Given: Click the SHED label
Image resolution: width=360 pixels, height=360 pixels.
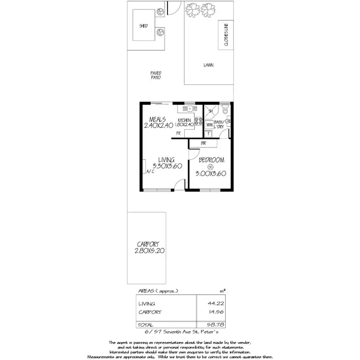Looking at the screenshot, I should coord(144,26).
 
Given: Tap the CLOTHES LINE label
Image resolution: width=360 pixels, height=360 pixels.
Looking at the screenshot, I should coord(224,35).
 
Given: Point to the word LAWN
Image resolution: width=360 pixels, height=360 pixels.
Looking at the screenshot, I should coord(208,65).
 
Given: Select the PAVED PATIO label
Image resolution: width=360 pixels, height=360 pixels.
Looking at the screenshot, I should coord(156,75).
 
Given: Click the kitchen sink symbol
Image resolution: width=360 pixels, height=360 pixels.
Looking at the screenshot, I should coord(190,109).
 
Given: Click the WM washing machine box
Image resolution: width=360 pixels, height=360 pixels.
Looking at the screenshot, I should coord(209,125).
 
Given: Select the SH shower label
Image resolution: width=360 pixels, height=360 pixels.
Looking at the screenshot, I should coord(210,111).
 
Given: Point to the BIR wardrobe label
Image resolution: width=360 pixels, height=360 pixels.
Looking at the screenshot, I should coord(204,143).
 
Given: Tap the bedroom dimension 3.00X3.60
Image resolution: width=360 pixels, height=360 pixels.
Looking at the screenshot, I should coord(210,174).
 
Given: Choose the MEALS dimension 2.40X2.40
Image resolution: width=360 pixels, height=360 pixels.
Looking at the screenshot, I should coord(157,126).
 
